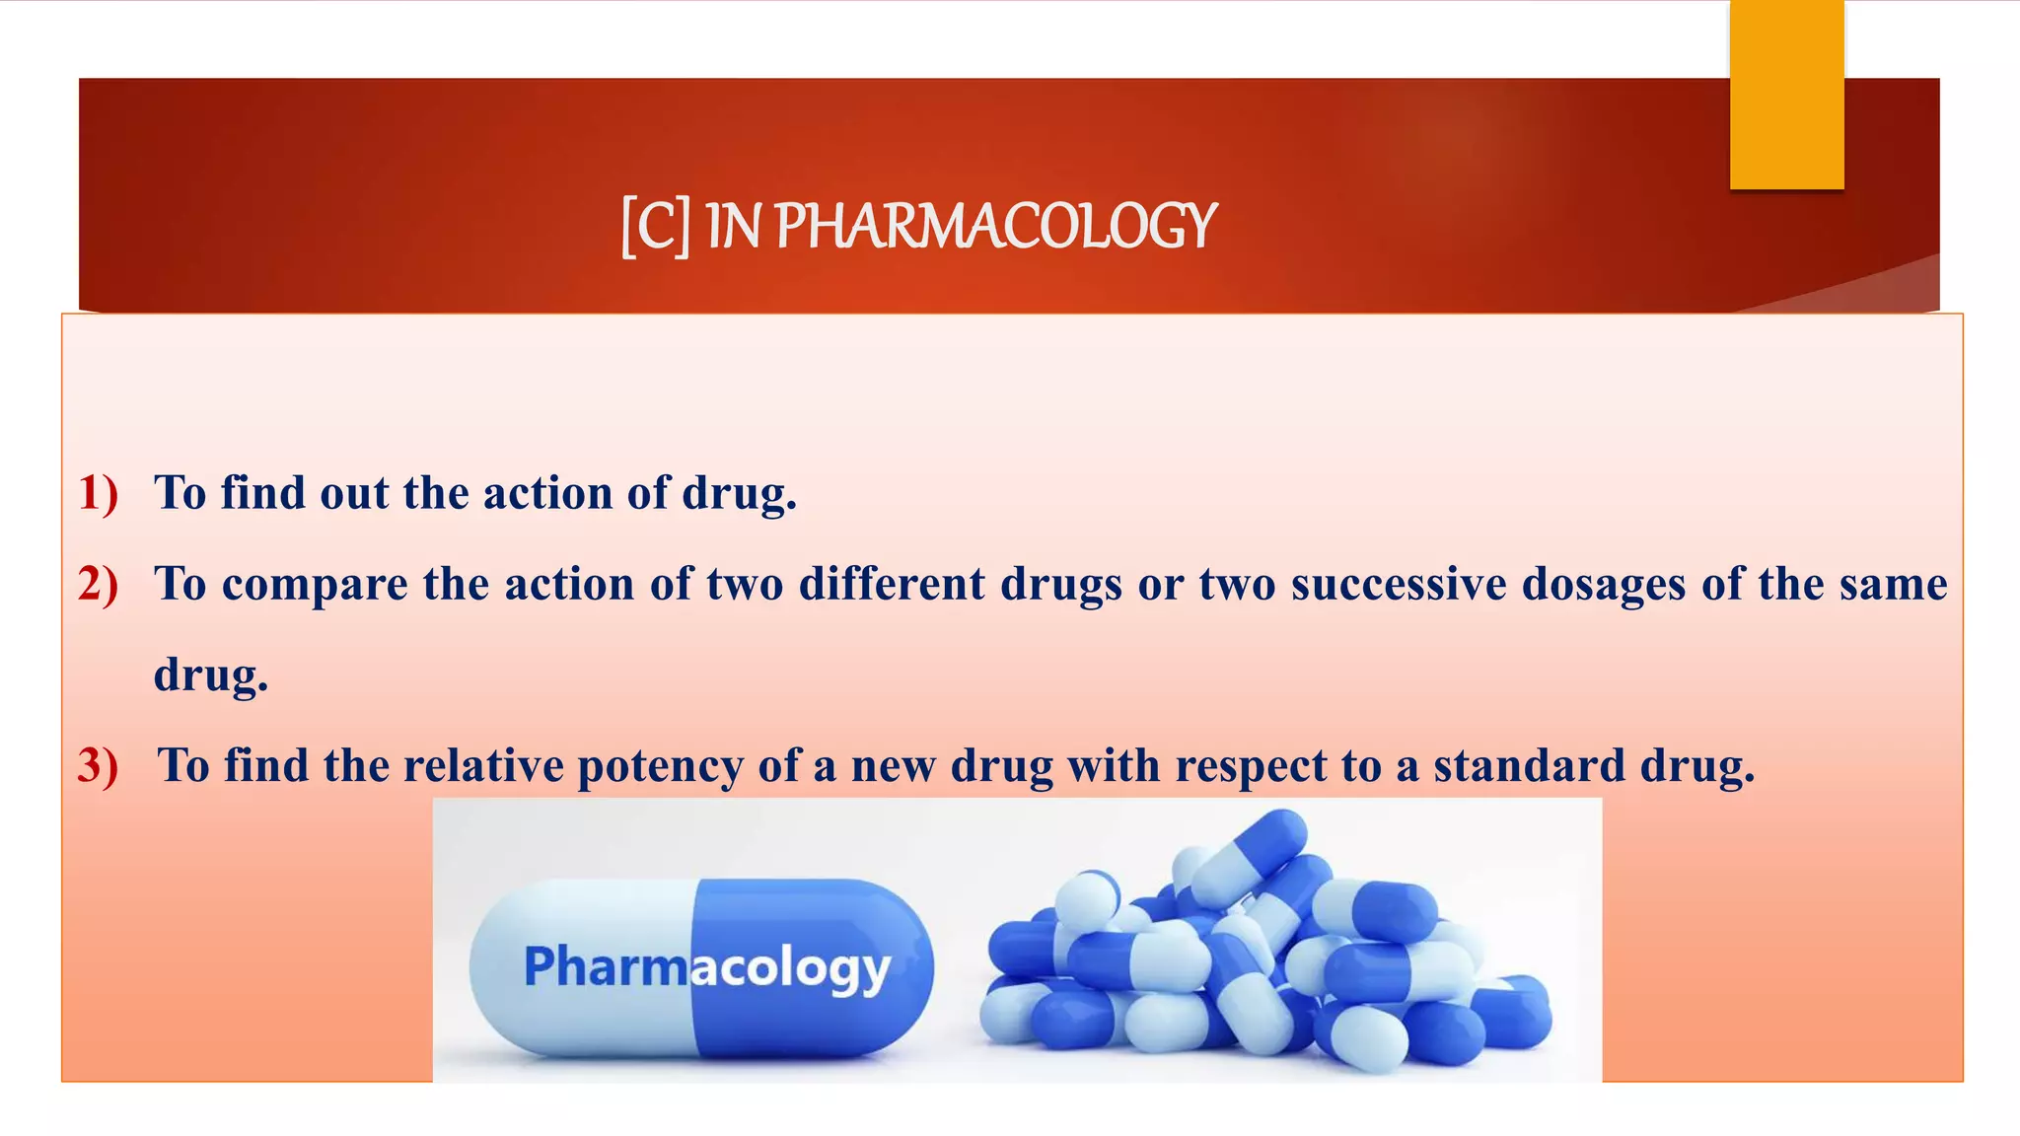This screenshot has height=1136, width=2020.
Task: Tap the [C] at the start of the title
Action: pos(655,227)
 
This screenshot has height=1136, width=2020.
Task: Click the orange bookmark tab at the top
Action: pos(1786,95)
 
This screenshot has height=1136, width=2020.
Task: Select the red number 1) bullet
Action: pos(98,492)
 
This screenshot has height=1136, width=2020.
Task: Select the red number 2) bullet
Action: pos(98,583)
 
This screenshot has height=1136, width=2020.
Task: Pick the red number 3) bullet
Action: pos(98,765)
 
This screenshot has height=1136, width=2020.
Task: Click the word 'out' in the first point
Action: pos(354,492)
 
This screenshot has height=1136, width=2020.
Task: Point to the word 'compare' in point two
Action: pos(315,584)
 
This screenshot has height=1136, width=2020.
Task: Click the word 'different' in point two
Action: pos(892,583)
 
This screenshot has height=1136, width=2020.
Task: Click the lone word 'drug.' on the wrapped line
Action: pos(211,674)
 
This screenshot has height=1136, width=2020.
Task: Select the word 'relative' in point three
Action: pos(483,765)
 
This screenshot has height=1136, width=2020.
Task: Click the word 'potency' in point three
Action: pos(660,767)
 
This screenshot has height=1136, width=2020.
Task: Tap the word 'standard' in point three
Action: pos(1528,765)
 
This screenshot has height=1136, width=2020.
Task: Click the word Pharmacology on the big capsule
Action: pos(706,967)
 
